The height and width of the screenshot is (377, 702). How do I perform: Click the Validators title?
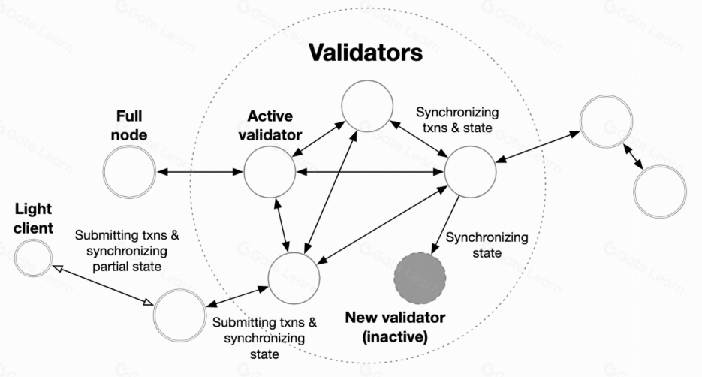click(366, 54)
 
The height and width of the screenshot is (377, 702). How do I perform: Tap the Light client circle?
click(33, 258)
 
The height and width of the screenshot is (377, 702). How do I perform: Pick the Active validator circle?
click(270, 172)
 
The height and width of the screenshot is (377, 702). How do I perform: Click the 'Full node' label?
click(130, 125)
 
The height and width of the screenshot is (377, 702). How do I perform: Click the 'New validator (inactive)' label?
click(395, 327)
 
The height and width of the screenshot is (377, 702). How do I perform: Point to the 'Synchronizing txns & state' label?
click(456, 120)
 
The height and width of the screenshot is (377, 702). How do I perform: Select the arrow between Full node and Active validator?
click(199, 173)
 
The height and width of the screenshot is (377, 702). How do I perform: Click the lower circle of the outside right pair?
click(660, 191)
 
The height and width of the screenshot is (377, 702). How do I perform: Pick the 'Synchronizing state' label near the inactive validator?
click(487, 245)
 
